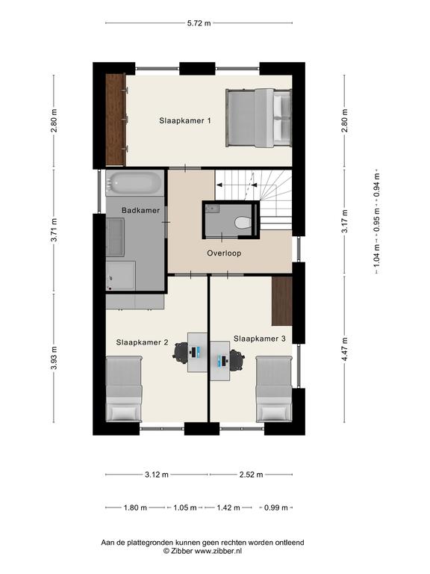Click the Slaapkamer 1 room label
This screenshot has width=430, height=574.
[185, 120]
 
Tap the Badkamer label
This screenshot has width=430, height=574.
[141, 211]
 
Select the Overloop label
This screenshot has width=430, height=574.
[224, 253]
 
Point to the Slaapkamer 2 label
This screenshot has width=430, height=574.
[143, 342]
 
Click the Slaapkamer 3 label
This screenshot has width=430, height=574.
[260, 339]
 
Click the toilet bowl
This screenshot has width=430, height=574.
[243, 223]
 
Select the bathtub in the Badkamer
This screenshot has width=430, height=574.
[135, 182]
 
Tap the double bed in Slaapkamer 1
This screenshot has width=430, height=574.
[259, 118]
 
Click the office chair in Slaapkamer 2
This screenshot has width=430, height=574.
[181, 352]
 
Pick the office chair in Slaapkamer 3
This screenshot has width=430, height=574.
[236, 359]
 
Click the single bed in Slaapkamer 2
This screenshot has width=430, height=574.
[124, 389]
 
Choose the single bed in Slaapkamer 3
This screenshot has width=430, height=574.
[274, 389]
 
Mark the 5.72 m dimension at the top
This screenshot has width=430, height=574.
[199, 23]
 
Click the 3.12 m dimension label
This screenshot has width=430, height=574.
[157, 475]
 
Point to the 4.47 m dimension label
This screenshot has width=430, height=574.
[344, 349]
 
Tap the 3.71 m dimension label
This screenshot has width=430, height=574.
[54, 230]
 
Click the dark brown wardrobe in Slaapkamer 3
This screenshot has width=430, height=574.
[282, 301]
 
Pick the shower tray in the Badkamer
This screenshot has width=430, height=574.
[121, 275]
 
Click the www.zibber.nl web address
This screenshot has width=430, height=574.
[218, 551]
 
